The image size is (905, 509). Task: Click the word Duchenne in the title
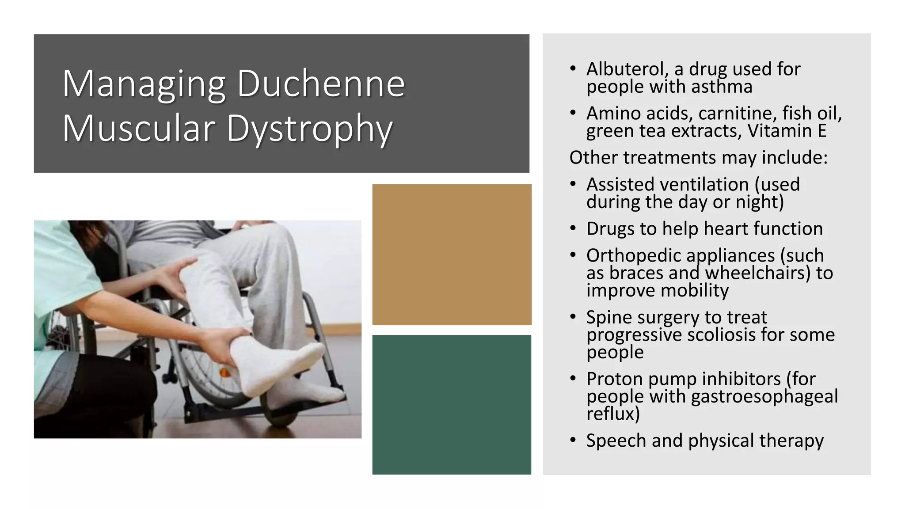coord(321,84)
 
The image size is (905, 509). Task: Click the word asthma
coord(722,87)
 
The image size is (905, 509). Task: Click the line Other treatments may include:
coord(698,158)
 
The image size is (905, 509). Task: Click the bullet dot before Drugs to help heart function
coord(573,228)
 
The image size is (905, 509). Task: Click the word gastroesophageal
coord(764,396)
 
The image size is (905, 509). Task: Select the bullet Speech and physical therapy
coord(705,441)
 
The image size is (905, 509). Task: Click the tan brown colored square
coord(452,254)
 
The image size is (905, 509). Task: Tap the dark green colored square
coord(452,405)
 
